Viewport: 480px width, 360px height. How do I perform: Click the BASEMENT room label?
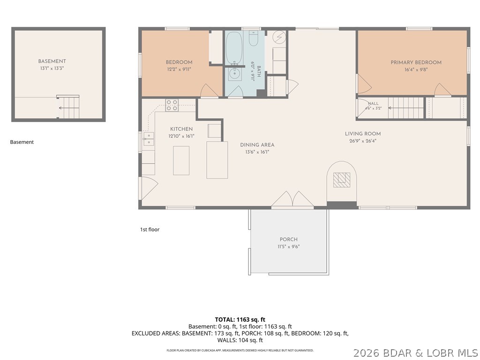tap(52, 61)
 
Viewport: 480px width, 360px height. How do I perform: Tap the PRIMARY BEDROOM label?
tap(416, 62)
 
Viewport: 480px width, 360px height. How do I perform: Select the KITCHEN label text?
tap(181, 129)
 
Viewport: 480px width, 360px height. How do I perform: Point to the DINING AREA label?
tap(257, 145)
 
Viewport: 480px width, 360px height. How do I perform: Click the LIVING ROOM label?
tap(363, 134)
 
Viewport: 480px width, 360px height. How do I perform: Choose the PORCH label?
tap(289, 240)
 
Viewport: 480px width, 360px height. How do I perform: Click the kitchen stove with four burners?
tap(172, 105)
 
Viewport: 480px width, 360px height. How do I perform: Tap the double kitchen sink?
tap(149, 139)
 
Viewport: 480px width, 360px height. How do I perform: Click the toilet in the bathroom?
tap(253, 38)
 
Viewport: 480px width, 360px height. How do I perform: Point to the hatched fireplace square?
tap(342, 180)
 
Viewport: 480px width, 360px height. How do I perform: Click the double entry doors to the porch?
tap(292, 199)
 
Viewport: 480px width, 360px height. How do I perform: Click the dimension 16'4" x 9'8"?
tap(416, 69)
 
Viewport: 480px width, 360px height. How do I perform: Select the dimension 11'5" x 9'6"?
tap(289, 247)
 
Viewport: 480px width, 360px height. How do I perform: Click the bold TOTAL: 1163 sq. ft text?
tap(240, 320)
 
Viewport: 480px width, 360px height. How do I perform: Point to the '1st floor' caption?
tap(150, 230)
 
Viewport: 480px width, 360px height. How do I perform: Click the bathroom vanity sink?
tap(234, 73)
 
